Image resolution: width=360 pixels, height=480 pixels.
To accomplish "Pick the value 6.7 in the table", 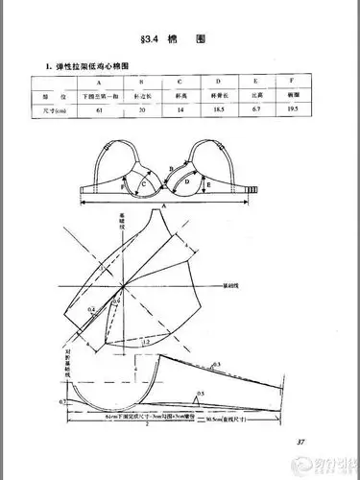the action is [253, 111].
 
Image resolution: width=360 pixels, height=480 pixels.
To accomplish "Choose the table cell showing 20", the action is [141, 111].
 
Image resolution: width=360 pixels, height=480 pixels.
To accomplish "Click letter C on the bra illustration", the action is [143, 180].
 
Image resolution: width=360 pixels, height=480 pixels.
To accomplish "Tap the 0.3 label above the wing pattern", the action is [217, 364].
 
